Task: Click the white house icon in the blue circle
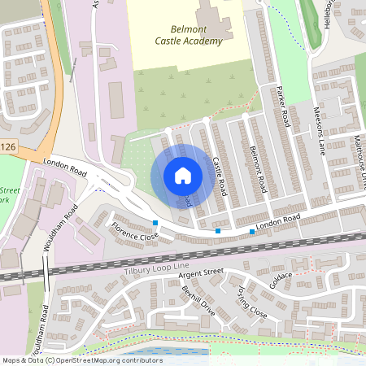pyautogui.click(x=183, y=175)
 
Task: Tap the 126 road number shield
pyautogui.click(x=7, y=147)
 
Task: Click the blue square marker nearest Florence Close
pyautogui.click(x=155, y=222)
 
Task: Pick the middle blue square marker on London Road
pyautogui.click(x=218, y=232)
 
